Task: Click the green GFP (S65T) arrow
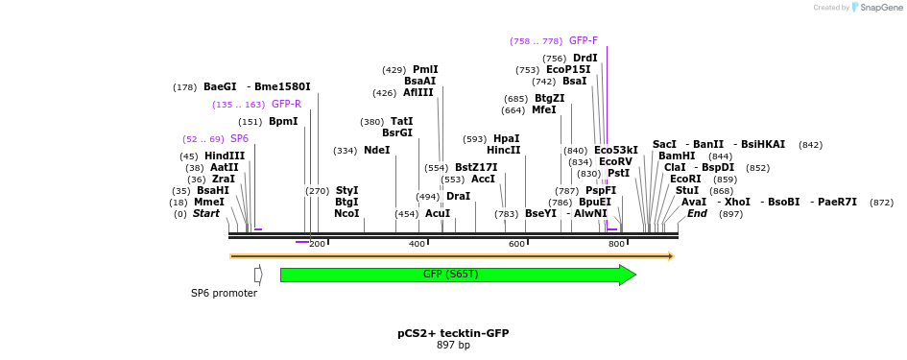tap(451, 276)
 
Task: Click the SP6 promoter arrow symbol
tap(258, 276)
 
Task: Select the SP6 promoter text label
tap(224, 293)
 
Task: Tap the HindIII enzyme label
tap(225, 156)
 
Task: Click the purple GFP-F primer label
tap(584, 41)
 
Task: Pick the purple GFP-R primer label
tap(286, 105)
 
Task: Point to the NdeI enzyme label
tap(377, 151)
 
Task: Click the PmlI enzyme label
tap(425, 70)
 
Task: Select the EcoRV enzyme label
tap(615, 162)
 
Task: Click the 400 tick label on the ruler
tap(418, 245)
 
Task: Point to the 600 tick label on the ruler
tap(517, 245)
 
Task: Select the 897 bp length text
tap(453, 346)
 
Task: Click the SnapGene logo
tap(875, 8)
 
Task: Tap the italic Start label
tap(206, 214)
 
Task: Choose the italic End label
tap(698, 214)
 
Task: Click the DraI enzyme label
tap(459, 197)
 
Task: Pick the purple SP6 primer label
tap(240, 139)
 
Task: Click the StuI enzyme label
tap(687, 191)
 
